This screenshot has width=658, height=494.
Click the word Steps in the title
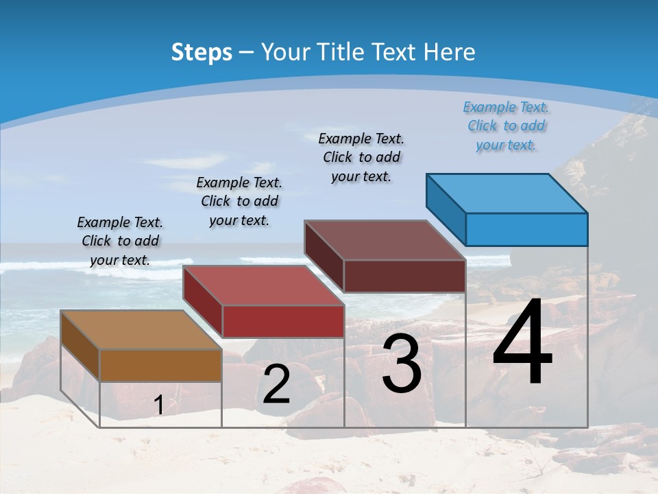pos(202,52)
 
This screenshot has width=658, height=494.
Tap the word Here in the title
pos(452,52)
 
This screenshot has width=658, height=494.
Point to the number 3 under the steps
pos(402,364)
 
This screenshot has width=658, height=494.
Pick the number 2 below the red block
pos(276,384)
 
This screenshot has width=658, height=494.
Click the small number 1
pos(158,405)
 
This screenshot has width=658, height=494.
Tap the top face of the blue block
pos(507,193)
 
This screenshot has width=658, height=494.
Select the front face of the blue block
pos(526,229)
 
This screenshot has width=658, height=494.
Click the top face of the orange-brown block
pos(141,329)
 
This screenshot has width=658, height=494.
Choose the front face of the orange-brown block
pos(160,365)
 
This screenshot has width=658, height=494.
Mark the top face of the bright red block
pos(263,285)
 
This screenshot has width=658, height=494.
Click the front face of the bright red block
pos(282,321)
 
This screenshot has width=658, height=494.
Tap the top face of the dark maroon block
pos(385,239)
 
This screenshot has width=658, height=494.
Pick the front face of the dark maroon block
pos(404,276)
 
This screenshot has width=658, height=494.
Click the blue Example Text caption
pos(506,126)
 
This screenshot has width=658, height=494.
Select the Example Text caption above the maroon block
pos(361,157)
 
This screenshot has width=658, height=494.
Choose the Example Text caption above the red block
pos(239,201)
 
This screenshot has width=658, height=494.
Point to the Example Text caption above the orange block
pos(120,241)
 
